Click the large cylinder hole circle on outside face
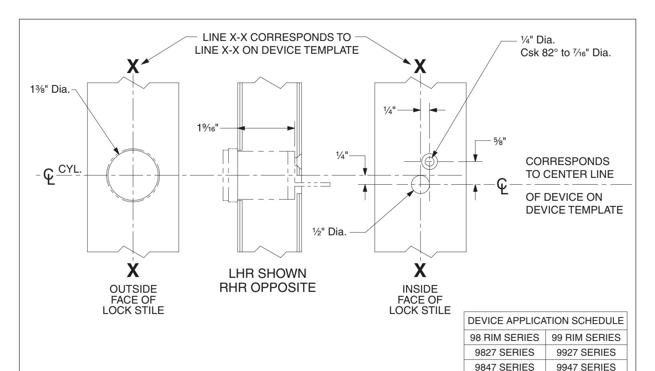(x=133, y=175)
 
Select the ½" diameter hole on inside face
(x=420, y=184)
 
